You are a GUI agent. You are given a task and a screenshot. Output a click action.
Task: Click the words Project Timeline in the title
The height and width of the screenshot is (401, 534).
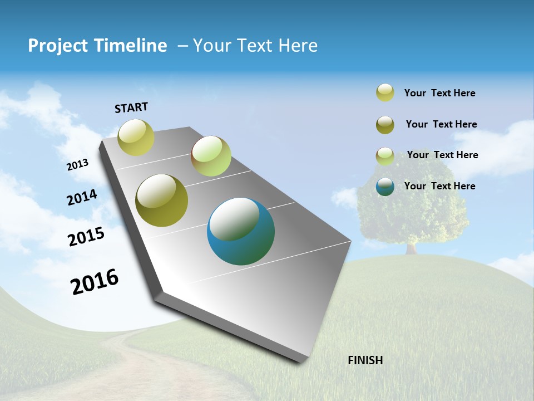[x=97, y=46]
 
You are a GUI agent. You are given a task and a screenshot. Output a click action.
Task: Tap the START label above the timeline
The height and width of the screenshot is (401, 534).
[x=131, y=107]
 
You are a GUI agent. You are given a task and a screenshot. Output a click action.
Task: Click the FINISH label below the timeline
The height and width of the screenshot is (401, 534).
[x=365, y=360]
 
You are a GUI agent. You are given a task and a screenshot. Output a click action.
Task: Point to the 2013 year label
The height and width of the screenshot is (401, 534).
[x=78, y=165]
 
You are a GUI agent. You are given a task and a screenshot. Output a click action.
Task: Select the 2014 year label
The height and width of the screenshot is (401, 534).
[x=82, y=197]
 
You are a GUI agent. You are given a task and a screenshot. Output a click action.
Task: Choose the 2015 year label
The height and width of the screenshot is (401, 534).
[x=86, y=237]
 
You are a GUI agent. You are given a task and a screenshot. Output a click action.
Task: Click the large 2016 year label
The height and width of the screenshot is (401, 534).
[x=95, y=282]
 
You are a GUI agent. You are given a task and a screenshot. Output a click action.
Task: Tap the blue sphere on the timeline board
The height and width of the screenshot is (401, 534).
[x=241, y=231]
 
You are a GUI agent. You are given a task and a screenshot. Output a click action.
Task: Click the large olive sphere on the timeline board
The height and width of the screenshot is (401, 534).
[x=162, y=200]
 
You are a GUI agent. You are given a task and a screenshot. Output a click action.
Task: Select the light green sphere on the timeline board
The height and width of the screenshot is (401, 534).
[x=211, y=156]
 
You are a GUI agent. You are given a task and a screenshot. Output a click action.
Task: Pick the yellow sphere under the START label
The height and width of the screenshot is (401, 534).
[x=136, y=137]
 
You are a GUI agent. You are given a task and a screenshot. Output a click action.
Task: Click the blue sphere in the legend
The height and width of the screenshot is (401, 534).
[x=385, y=187]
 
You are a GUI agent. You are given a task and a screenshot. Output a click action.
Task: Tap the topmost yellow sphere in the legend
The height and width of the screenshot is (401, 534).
[x=385, y=92]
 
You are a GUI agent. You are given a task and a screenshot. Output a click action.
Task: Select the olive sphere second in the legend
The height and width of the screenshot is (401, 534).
[x=385, y=125]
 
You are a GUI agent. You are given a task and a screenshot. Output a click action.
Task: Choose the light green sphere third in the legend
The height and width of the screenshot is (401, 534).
[x=385, y=156]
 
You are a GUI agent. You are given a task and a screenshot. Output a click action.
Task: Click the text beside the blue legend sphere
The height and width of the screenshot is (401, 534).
[x=439, y=186]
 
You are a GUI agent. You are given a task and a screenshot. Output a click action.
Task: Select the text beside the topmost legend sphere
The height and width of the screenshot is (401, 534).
[x=439, y=93]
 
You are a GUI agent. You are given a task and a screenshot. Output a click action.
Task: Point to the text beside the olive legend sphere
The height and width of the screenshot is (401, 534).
[x=441, y=124]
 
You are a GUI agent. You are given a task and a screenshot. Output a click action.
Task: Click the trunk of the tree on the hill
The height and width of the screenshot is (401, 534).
[x=412, y=248]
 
